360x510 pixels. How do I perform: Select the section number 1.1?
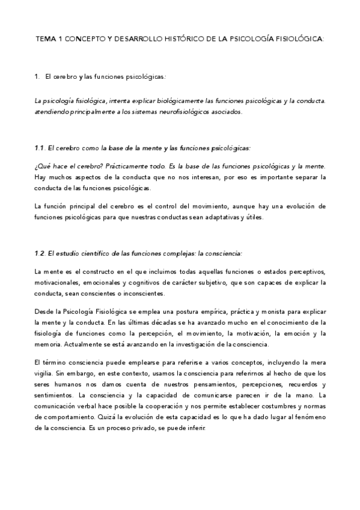tap(40, 148)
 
